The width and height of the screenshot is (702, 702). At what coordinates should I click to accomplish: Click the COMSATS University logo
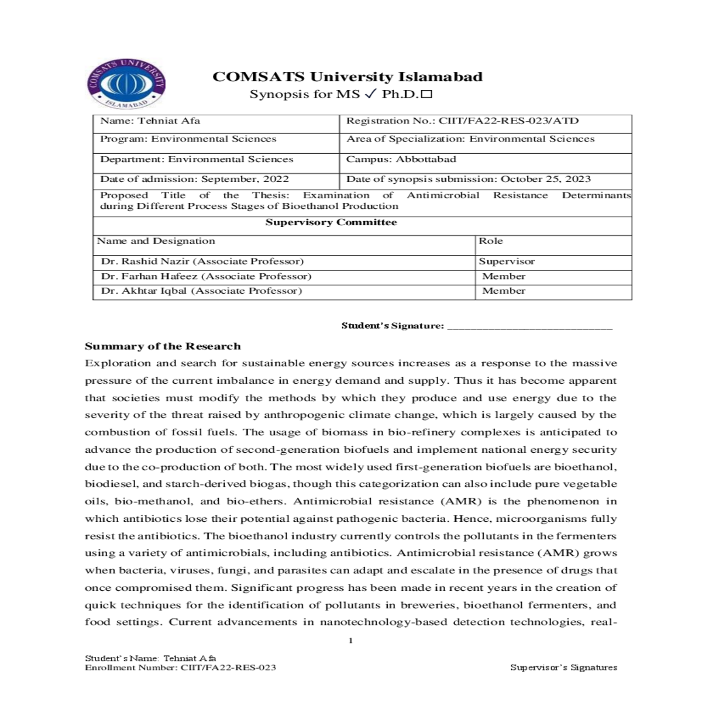126,84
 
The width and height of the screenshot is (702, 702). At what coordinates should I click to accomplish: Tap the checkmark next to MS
369,94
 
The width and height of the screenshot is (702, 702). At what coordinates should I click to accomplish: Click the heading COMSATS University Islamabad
347,77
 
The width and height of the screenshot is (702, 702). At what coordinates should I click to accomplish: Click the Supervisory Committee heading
331,222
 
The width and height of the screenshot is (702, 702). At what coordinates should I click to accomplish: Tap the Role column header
491,241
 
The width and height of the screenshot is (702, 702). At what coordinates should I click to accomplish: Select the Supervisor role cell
507,261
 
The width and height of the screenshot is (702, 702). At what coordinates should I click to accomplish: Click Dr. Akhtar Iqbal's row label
201,291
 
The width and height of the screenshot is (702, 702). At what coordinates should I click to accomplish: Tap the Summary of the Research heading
163,346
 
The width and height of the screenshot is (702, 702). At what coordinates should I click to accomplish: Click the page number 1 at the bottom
350,641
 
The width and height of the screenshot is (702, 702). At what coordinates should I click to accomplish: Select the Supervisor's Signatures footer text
563,667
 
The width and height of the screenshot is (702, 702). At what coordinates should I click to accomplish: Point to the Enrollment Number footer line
180,667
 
